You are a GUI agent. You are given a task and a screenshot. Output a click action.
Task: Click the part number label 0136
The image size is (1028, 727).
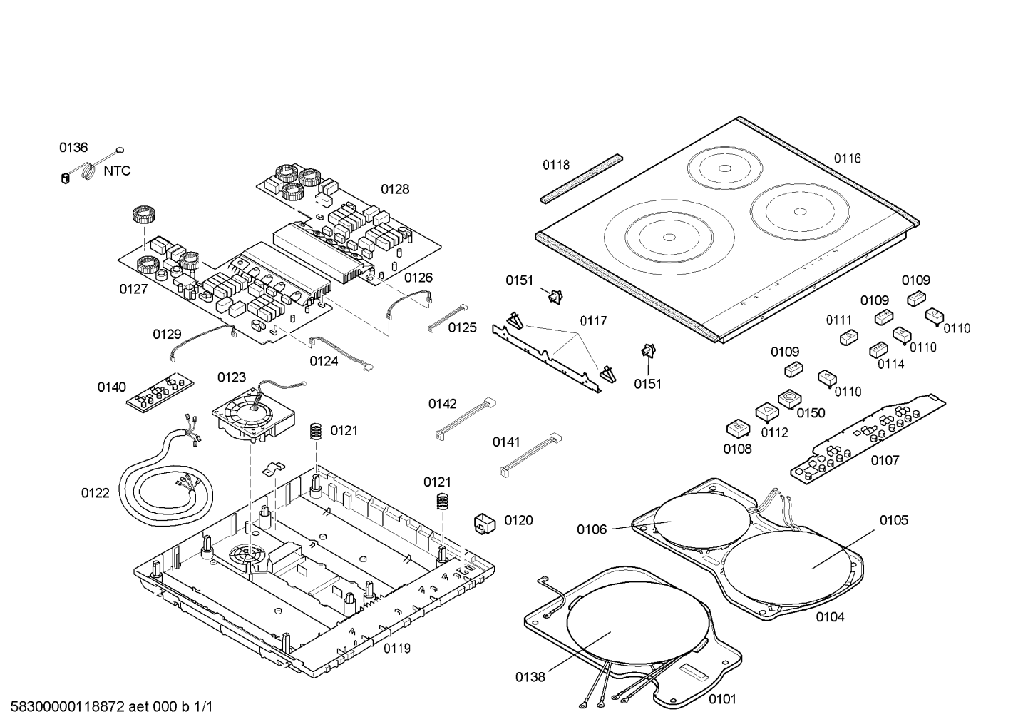[x=73, y=148]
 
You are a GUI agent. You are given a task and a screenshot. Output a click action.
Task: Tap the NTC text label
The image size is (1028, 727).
[x=117, y=171]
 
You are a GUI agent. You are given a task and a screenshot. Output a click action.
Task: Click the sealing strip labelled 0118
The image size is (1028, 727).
[x=580, y=178]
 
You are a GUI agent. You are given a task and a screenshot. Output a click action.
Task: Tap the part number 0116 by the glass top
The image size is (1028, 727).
[x=847, y=158]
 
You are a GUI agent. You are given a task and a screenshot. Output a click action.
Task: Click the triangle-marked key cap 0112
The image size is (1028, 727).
[x=766, y=412]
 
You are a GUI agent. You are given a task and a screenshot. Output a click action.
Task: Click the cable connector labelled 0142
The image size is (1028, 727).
[x=465, y=421]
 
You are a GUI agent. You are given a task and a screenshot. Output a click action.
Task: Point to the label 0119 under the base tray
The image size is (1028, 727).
[x=396, y=648]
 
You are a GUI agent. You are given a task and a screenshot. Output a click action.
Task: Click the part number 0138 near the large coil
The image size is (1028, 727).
[x=530, y=676]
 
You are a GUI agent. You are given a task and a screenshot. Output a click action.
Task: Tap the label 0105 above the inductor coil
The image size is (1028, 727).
[x=893, y=520]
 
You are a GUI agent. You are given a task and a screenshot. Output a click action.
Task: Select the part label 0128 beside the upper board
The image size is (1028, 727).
[x=394, y=189]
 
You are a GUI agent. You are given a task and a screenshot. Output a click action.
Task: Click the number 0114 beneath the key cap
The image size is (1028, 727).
[x=890, y=364]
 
